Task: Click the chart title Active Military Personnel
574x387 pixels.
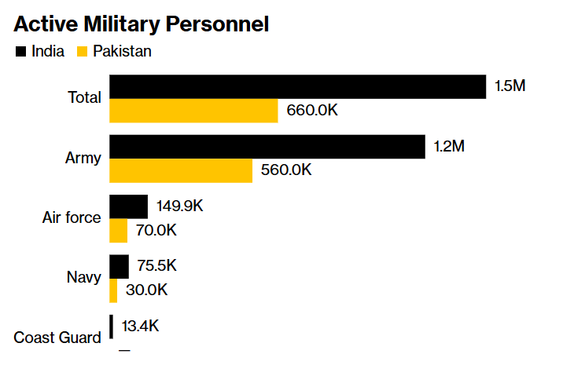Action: coord(142,24)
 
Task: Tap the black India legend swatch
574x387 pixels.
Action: coord(20,52)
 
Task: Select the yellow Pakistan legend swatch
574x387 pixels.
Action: coord(82,52)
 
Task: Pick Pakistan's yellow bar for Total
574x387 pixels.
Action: coord(193,111)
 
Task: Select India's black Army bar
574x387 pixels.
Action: coord(267,147)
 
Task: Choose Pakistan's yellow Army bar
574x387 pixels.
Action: coord(181,170)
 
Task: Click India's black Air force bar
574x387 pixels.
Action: coord(128,206)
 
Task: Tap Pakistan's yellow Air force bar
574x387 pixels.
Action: coord(118,231)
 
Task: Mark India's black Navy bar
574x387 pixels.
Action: coord(119,266)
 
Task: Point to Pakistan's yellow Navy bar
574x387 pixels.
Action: coord(113,290)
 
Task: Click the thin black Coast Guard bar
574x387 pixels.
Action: coord(111,327)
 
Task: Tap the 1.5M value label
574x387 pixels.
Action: coord(510,86)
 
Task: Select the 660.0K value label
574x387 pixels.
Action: coord(312,111)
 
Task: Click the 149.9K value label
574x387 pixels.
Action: coord(180,206)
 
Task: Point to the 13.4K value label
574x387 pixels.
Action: coord(140,327)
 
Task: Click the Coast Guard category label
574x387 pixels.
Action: coord(57,338)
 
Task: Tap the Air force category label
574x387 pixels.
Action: coord(72,217)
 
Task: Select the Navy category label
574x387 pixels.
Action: coord(83,278)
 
